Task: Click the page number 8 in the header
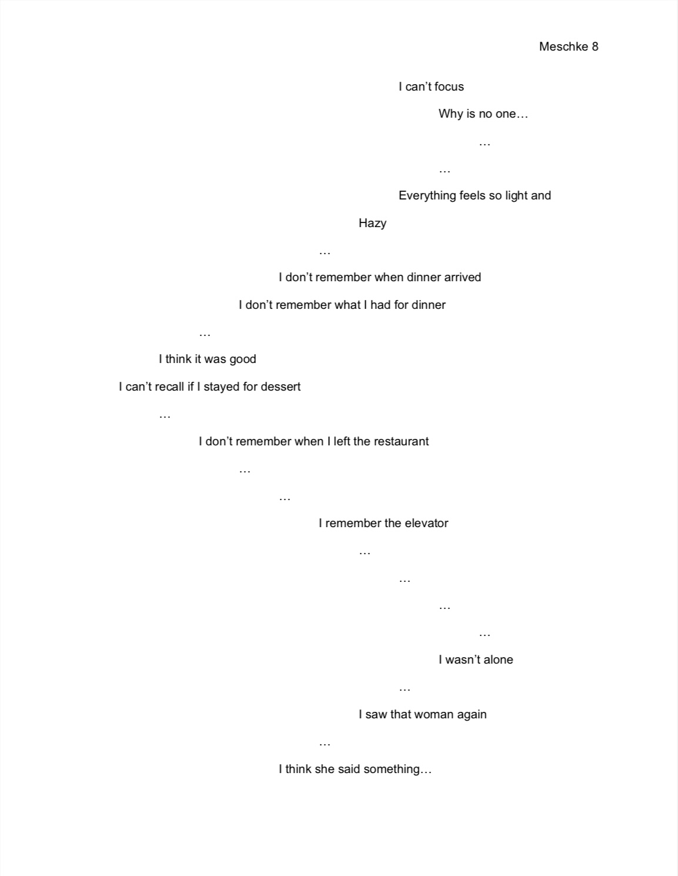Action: (594, 46)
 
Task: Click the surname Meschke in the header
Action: (563, 46)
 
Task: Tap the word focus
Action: (449, 86)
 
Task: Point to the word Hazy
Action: (373, 224)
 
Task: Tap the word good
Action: (242, 359)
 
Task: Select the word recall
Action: (169, 387)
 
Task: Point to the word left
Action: (342, 441)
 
